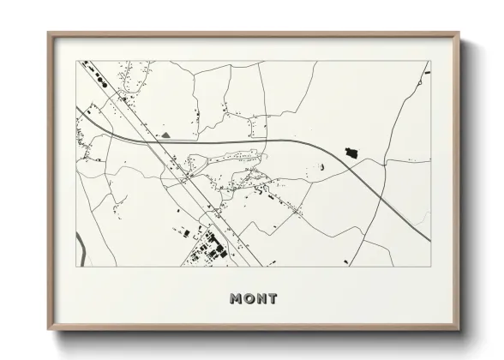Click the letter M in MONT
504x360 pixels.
237,298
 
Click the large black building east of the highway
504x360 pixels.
350,153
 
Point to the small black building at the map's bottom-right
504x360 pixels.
346,260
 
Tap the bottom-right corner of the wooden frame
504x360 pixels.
460,330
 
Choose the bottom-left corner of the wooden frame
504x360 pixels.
49,330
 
